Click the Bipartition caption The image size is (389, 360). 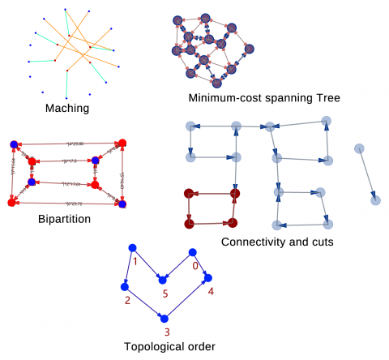[x=64, y=218]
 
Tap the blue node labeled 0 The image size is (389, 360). [x=194, y=251]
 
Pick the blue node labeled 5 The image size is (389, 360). [x=163, y=280]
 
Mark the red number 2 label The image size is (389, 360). [x=127, y=300]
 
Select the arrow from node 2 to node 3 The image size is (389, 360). [x=144, y=302]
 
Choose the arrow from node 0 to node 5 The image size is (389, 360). [x=178, y=265]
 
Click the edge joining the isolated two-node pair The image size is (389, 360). [x=366, y=174]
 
